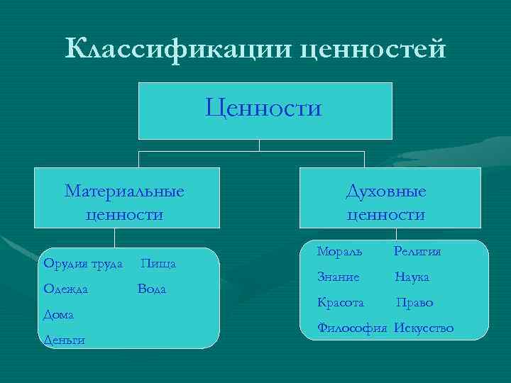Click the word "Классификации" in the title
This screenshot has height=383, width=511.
pos(177,50)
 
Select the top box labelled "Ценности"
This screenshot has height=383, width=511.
pos(264,110)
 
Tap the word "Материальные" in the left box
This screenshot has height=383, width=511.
pos(124,191)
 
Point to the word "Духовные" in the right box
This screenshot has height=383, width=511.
pos(386,191)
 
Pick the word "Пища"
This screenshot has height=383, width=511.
pos(159,264)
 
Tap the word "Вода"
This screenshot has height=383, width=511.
pos(152,289)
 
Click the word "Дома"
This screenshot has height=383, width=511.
pos(59,313)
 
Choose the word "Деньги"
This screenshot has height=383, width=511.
pos(64,340)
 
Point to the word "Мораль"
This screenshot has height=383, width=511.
pos(339,251)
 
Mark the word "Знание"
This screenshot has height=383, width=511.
pos(339,277)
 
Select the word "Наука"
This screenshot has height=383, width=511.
pos(412,277)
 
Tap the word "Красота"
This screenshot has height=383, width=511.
pos(341,303)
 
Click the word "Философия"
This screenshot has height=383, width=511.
pos(353,328)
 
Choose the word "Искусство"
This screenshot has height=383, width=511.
pos(424,328)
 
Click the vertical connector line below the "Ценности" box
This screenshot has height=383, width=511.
pos(260,145)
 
